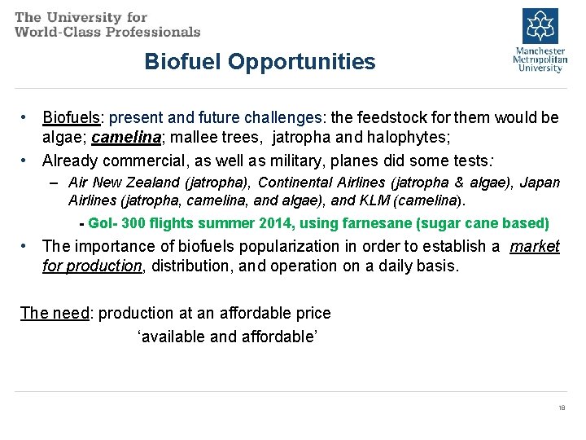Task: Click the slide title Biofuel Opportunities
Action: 260,62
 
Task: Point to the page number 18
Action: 561,407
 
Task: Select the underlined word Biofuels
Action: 69,117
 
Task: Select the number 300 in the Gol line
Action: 133,223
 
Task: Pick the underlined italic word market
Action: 535,246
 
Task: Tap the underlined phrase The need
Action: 55,313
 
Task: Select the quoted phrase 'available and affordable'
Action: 227,337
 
